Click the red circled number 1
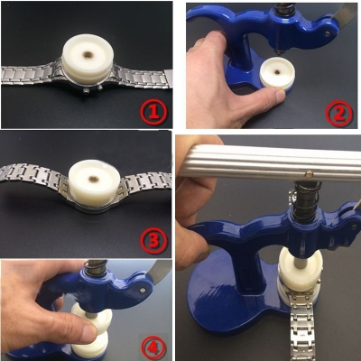click(x=153, y=113)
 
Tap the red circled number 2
click(x=339, y=114)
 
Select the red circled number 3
click(x=153, y=240)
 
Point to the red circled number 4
click(x=153, y=347)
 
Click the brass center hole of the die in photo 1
click(x=88, y=55)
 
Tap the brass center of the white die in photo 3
click(x=94, y=180)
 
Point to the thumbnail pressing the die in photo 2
click(x=281, y=94)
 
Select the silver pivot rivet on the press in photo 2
click(x=327, y=34)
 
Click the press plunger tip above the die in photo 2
click(x=280, y=51)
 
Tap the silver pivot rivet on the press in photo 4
click(x=143, y=290)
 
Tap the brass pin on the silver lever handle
click(x=309, y=173)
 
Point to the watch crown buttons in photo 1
click(x=93, y=90)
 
